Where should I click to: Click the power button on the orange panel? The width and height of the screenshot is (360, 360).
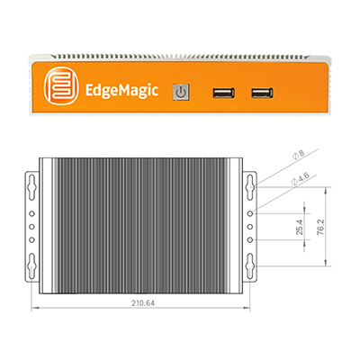pyautogui.click(x=181, y=92)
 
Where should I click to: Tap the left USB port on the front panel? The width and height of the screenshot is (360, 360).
pyautogui.click(x=223, y=93)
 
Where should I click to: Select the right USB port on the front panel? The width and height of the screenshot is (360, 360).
pyautogui.click(x=262, y=93)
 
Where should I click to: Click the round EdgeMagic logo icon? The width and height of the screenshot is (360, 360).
pyautogui.click(x=61, y=85)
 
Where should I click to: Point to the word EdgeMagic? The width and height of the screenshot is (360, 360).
pyautogui.click(x=121, y=90)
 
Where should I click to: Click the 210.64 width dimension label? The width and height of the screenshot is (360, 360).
pyautogui.click(x=143, y=303)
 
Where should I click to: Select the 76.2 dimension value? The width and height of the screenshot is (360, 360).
pyautogui.click(x=320, y=227)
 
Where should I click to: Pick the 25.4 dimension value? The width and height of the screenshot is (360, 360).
pyautogui.click(x=300, y=227)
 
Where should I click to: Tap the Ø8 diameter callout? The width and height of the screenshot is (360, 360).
pyautogui.click(x=298, y=155)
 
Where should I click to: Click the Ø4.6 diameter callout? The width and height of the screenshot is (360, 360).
pyautogui.click(x=300, y=178)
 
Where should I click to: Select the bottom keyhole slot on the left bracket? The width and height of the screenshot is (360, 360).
pyautogui.click(x=31, y=265)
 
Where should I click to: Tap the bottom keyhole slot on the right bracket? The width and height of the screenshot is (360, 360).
pyautogui.click(x=250, y=265)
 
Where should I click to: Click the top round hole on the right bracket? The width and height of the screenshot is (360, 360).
pyautogui.click(x=250, y=213)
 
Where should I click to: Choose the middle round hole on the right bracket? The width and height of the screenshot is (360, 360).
pyautogui.click(x=250, y=227)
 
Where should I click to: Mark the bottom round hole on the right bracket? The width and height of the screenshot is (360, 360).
pyautogui.click(x=250, y=239)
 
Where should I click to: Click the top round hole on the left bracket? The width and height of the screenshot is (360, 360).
pyautogui.click(x=31, y=213)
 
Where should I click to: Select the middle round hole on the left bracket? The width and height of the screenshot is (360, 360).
pyautogui.click(x=31, y=227)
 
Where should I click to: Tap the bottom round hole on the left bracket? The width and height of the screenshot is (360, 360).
pyautogui.click(x=31, y=239)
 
